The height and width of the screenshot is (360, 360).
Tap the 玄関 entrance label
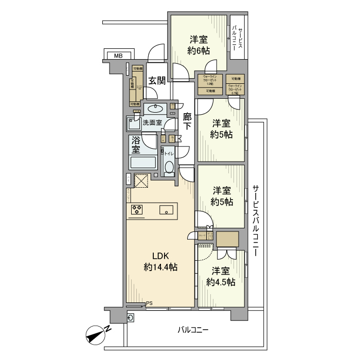(157, 80)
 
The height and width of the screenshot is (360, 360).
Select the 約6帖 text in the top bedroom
(199, 50)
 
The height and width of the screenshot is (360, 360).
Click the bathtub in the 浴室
(143, 163)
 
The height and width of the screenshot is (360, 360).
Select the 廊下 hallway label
(188, 122)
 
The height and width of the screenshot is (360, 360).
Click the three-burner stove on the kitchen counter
(137, 209)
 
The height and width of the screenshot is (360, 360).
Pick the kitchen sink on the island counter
(166, 209)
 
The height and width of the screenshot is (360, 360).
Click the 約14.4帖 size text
(160, 267)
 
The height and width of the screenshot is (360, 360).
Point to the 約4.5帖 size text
(221, 282)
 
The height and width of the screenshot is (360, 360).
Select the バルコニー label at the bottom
(193, 330)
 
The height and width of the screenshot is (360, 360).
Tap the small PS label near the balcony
(149, 303)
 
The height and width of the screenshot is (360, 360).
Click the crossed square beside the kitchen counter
(141, 181)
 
